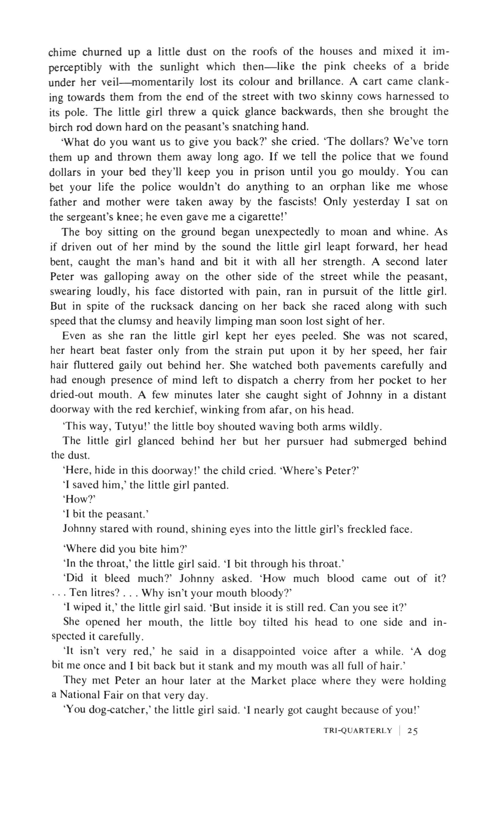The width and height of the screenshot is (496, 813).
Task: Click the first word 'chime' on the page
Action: click(63, 52)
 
